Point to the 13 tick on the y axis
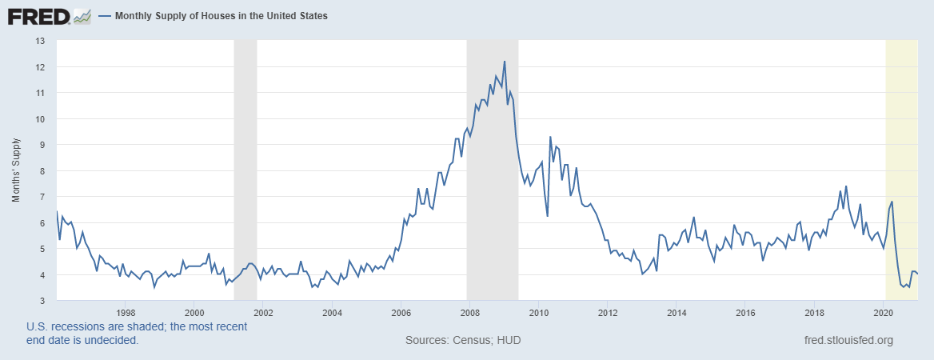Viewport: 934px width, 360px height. coord(40,41)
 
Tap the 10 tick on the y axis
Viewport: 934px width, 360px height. coord(40,118)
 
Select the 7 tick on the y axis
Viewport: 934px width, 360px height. coord(42,197)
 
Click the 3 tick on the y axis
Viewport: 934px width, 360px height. coord(42,301)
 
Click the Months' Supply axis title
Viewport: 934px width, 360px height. coord(16,170)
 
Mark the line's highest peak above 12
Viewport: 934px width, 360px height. coord(505,62)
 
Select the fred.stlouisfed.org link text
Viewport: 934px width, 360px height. coord(848,341)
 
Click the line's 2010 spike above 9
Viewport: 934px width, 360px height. coord(550,138)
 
